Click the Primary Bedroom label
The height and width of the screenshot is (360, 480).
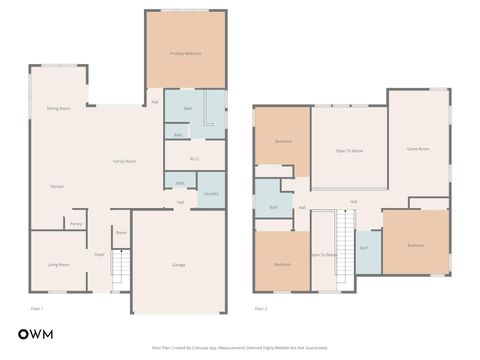click(x=186, y=53)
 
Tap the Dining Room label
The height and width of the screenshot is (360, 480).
click(x=58, y=108)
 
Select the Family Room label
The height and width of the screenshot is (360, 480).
click(x=124, y=161)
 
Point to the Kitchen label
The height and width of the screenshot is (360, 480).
click(x=58, y=187)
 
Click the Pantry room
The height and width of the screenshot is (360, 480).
click(x=76, y=224)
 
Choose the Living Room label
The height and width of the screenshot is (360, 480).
click(x=58, y=264)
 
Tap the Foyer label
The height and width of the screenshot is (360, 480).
click(x=100, y=255)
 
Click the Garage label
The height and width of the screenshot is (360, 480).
click(x=179, y=264)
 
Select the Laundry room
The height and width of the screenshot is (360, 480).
click(x=211, y=193)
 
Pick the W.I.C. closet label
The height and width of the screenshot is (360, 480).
click(x=196, y=158)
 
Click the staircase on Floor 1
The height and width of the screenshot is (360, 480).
click(x=120, y=267)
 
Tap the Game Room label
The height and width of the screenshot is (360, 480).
click(x=417, y=149)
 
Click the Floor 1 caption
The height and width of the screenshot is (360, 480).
click(x=38, y=308)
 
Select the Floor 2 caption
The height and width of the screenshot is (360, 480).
click(x=262, y=308)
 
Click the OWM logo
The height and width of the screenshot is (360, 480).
click(x=36, y=333)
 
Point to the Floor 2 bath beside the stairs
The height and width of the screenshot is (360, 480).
click(x=365, y=248)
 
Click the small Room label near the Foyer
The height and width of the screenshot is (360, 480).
click(x=121, y=232)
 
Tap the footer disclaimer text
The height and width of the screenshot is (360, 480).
click(x=239, y=348)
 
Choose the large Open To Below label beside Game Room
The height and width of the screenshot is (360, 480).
click(x=348, y=150)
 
